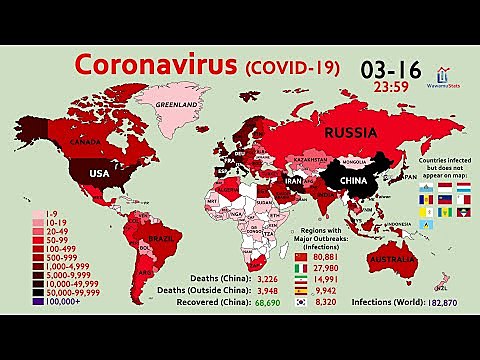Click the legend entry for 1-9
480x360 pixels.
(47, 213)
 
